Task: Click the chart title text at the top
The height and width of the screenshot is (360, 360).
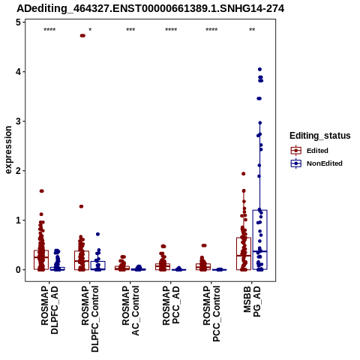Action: (151, 9)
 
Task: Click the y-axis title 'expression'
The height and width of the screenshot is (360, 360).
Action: (8, 150)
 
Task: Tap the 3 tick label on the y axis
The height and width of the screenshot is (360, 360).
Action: (18, 121)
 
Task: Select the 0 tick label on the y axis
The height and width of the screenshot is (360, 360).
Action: (18, 270)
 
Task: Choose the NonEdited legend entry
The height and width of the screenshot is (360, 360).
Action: (316, 163)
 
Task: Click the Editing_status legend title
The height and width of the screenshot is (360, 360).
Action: (320, 136)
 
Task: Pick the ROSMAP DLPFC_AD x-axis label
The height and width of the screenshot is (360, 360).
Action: (49, 310)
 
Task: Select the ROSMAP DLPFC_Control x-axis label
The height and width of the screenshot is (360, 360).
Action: (90, 319)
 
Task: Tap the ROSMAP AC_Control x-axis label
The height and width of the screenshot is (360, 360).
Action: (130, 310)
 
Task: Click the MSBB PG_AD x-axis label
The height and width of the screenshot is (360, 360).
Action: (252, 301)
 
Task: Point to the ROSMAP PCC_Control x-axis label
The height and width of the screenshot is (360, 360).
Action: (211, 313)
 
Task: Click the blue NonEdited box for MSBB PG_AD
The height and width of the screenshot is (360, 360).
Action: (260, 240)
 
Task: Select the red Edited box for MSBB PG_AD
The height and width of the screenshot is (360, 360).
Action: (244, 253)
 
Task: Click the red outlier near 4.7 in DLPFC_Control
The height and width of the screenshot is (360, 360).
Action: (82, 35)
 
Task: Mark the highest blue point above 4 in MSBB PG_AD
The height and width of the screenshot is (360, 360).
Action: (259, 69)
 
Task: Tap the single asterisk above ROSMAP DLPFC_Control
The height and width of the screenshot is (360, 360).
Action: (90, 29)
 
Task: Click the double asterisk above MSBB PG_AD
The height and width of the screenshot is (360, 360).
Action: (252, 29)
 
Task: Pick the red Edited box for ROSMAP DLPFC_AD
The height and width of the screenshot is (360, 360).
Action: (41, 259)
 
